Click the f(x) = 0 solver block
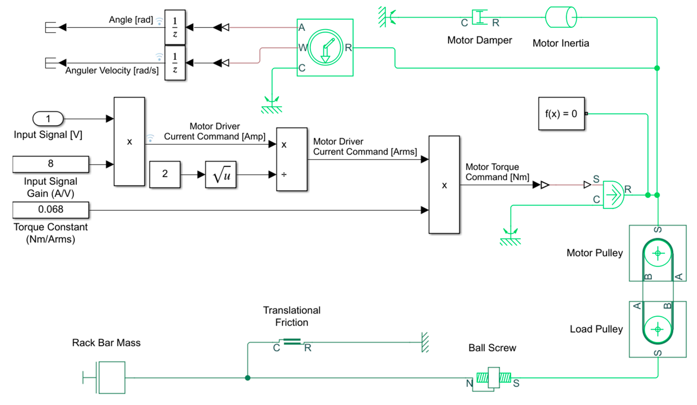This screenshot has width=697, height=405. (x=561, y=114)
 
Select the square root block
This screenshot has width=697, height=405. (x=220, y=175)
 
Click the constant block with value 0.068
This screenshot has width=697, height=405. (x=51, y=210)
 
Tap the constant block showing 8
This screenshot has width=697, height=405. (x=51, y=164)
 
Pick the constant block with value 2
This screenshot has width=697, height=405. (x=165, y=174)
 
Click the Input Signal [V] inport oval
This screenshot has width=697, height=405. (x=48, y=119)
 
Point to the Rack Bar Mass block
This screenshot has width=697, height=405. (x=111, y=377)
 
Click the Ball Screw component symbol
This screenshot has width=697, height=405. (x=493, y=378)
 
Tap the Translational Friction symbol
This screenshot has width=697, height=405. (x=292, y=342)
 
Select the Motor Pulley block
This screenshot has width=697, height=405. (x=657, y=253)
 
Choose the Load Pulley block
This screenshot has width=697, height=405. (x=657, y=329)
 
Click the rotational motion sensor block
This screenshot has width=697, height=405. (x=325, y=47)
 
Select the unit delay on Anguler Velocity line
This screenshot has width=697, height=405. (x=175, y=63)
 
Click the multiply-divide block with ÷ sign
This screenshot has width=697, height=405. (x=291, y=159)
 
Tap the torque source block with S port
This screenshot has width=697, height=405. (x=613, y=195)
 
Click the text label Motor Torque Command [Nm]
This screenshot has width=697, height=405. (x=497, y=172)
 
